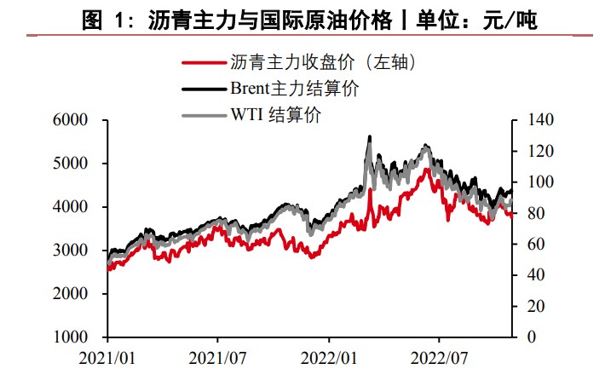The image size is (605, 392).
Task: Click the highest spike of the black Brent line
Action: click(369, 136)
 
